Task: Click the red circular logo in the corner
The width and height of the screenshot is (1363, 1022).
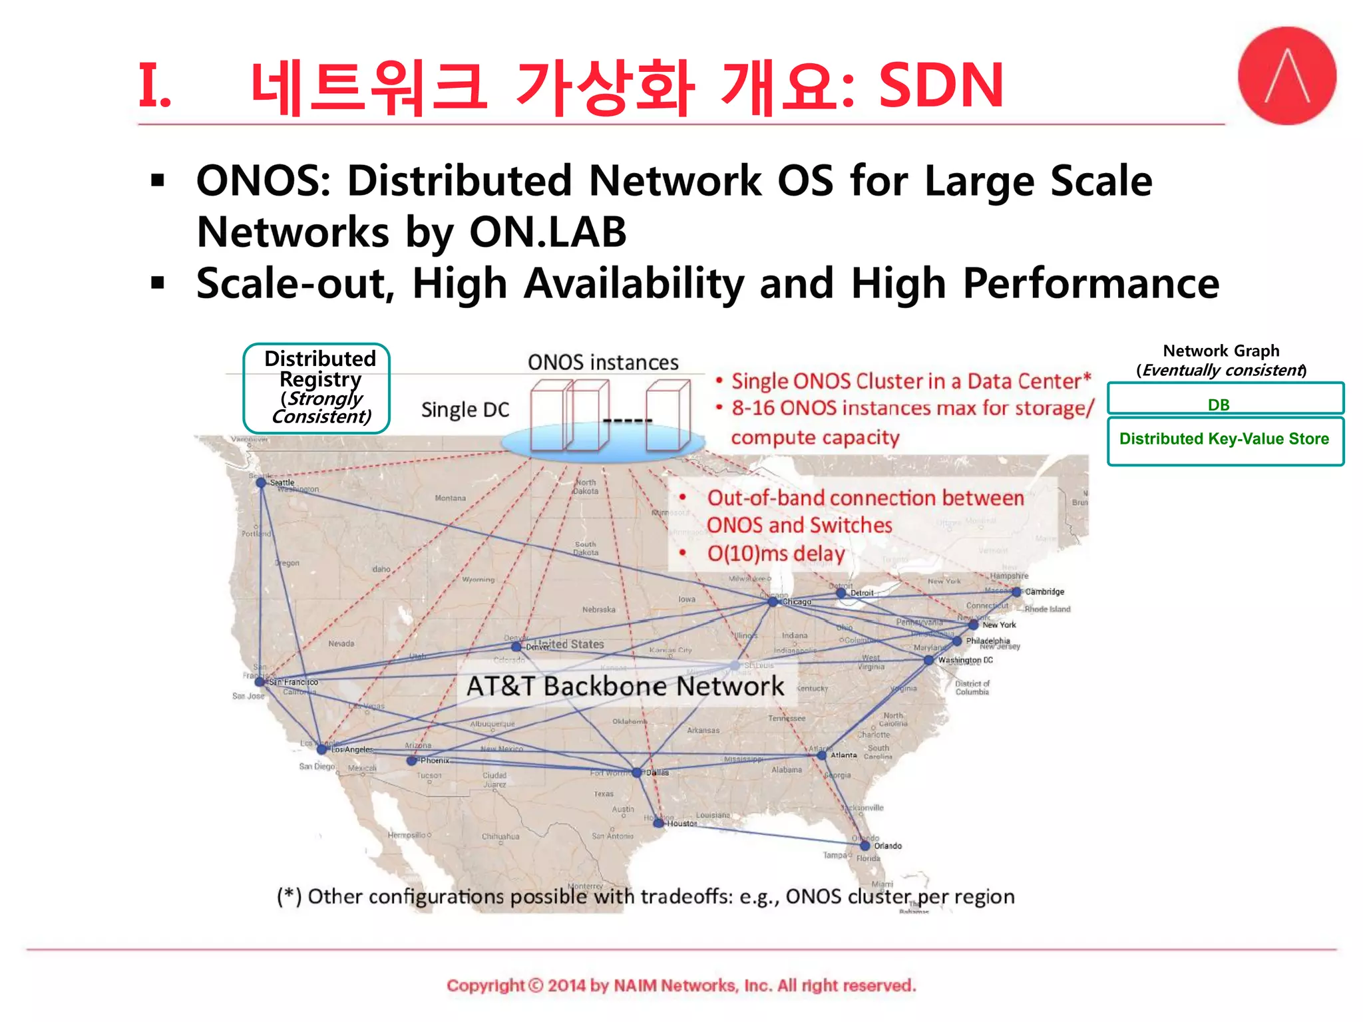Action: [x=1286, y=76]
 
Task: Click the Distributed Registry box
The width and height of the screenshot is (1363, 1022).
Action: [x=317, y=389]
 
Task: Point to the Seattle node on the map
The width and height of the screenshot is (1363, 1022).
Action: [x=261, y=482]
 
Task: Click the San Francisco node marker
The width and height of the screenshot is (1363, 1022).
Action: [x=260, y=681]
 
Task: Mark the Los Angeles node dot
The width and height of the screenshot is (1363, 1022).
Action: [x=322, y=749]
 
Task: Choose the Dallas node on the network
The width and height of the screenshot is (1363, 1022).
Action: [x=637, y=772]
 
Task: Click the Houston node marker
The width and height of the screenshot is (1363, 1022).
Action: [x=658, y=823]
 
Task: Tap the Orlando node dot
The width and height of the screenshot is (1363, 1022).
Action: [x=865, y=846]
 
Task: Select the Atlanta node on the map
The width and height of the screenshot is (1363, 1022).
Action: [x=821, y=755]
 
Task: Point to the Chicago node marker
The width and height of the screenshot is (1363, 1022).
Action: [x=773, y=601]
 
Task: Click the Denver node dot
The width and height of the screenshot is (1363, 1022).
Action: [x=516, y=646]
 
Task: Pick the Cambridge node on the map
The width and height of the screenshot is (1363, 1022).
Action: [x=1016, y=592]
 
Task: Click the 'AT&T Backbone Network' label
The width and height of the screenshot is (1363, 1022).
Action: [x=625, y=686]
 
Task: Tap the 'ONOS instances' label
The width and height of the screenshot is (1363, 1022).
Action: [x=603, y=363]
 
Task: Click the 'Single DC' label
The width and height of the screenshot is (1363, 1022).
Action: [x=465, y=410]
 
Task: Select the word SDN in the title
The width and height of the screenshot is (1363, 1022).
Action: [x=940, y=85]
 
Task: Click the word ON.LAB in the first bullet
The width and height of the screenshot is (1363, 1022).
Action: [x=548, y=232]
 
